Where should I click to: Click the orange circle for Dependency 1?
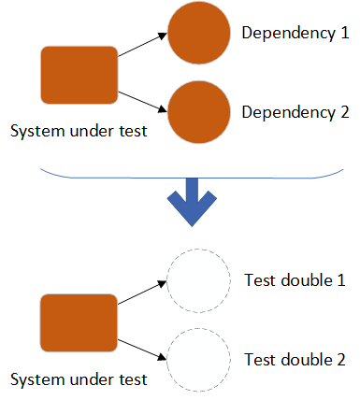coord(198,33)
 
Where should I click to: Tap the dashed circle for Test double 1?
coord(198,279)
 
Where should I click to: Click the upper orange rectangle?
coord(79,76)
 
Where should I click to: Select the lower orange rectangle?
coord(79,324)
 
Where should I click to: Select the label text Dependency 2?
coord(295,112)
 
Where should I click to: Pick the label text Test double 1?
coord(294,279)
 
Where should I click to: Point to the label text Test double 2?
coord(294,359)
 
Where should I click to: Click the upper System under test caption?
coord(79,131)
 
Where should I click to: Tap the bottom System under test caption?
coord(79,379)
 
